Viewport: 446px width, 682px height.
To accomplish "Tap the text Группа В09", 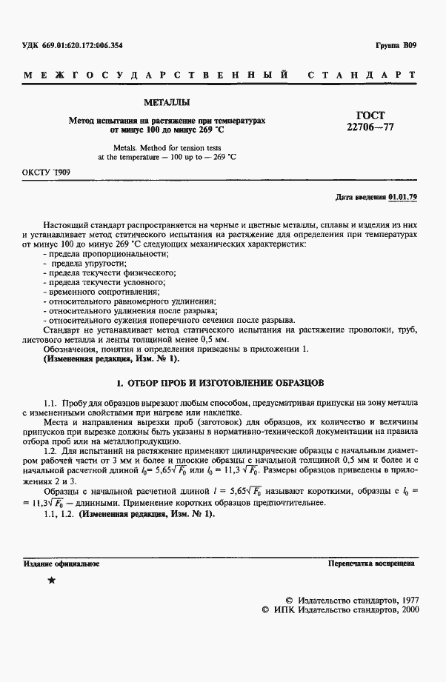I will click(397, 46).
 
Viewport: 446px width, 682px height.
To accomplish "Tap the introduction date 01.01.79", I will click(403, 197).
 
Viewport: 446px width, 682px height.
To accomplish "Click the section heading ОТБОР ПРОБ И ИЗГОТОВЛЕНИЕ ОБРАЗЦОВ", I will click(221, 384).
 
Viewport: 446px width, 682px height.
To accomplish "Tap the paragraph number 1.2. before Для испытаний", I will click(50, 449).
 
